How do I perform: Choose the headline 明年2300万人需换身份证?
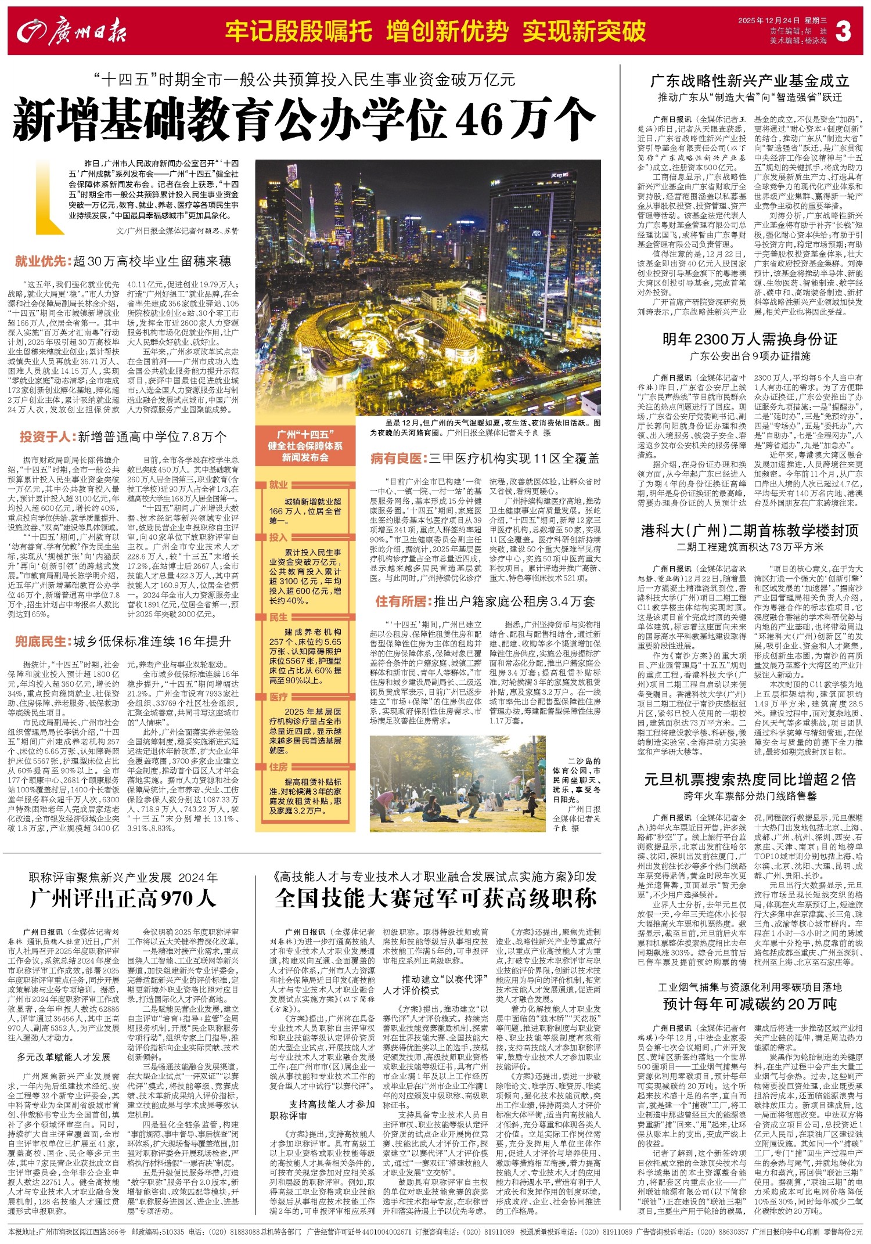tap(750, 339)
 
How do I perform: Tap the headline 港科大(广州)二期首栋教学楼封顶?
tap(750, 530)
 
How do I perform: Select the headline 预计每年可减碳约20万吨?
tap(750, 1004)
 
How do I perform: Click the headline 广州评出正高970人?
tap(123, 898)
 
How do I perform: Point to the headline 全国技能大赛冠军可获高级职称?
tap(435, 898)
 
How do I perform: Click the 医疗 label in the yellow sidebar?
tap(279, 697)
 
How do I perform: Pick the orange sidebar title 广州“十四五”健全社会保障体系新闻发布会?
tap(305, 446)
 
